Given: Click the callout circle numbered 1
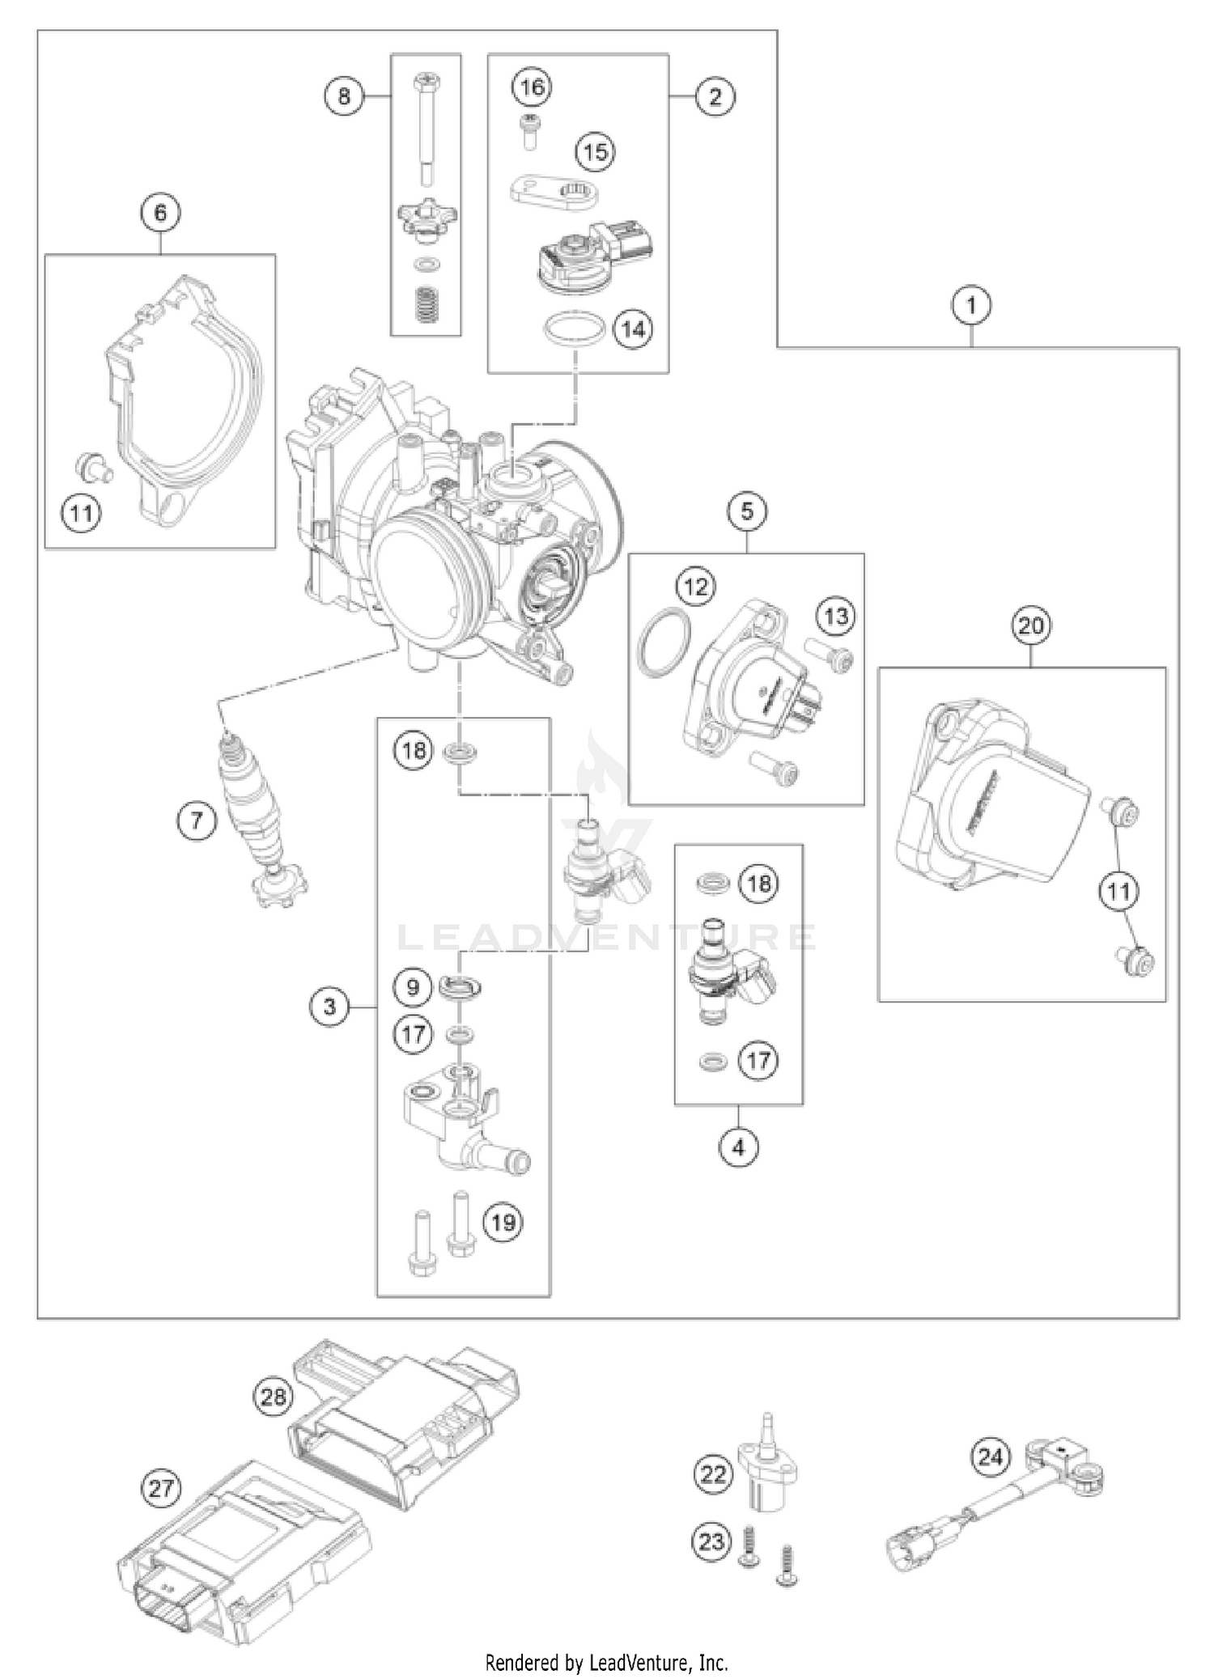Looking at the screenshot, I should coord(971,306).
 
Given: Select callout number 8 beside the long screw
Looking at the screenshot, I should coord(345,96).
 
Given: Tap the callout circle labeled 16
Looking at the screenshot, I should coord(533,87).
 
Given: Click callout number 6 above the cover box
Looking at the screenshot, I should coord(160,213).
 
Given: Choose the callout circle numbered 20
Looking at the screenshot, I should coord(1031,625).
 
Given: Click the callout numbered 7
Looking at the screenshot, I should coord(197,821).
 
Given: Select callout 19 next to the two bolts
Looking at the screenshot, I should coord(503,1222).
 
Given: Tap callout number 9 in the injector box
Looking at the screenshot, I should coord(414,987).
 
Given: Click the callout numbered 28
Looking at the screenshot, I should coord(274,1396).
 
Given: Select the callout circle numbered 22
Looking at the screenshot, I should coord(713,1474).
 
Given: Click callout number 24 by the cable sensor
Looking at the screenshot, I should coord(991,1457).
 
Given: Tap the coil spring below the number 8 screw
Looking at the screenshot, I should coord(426,306).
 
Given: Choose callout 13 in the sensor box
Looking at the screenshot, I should coord(836,616).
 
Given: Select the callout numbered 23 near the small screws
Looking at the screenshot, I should coord(711,1541).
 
